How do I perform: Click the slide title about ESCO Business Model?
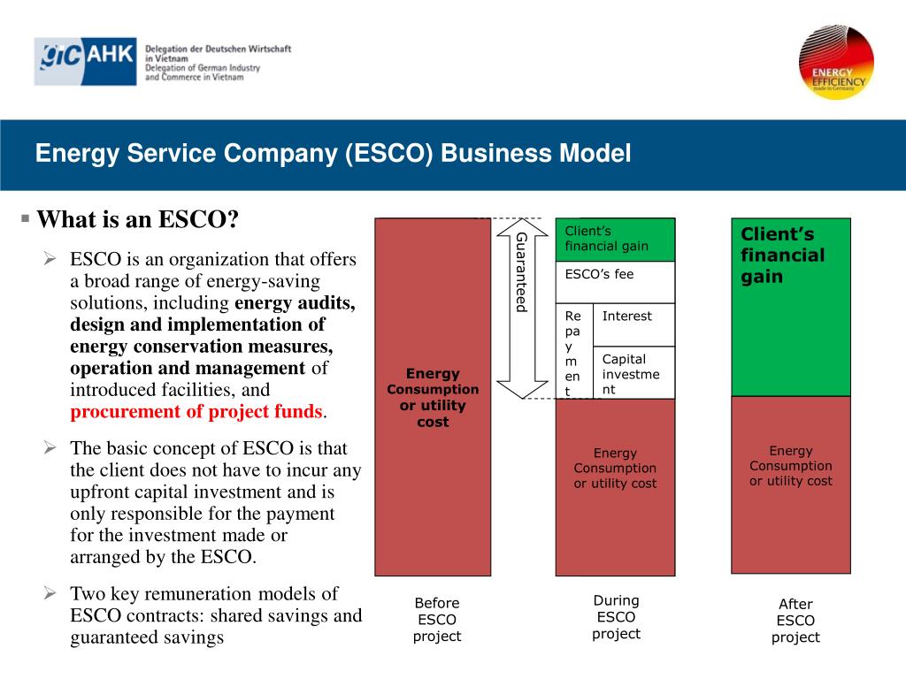coord(333,154)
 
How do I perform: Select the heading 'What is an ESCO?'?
coord(138,219)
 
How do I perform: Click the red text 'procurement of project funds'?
coord(197,412)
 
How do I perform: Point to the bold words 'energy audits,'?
coord(295,303)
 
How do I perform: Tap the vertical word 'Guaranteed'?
coord(522,271)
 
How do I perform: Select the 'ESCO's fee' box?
coord(615,282)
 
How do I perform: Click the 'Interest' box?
coord(633,324)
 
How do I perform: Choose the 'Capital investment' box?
coord(633,372)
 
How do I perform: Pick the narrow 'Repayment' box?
coord(573,352)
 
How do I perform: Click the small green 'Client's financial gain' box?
coord(615,240)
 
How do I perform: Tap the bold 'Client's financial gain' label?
coord(782,256)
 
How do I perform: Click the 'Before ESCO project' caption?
coord(437,620)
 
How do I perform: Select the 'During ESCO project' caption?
coord(616,617)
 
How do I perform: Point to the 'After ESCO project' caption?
coord(795,621)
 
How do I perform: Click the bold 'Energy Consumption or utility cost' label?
coord(433,398)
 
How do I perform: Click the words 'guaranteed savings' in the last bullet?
coord(147,637)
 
